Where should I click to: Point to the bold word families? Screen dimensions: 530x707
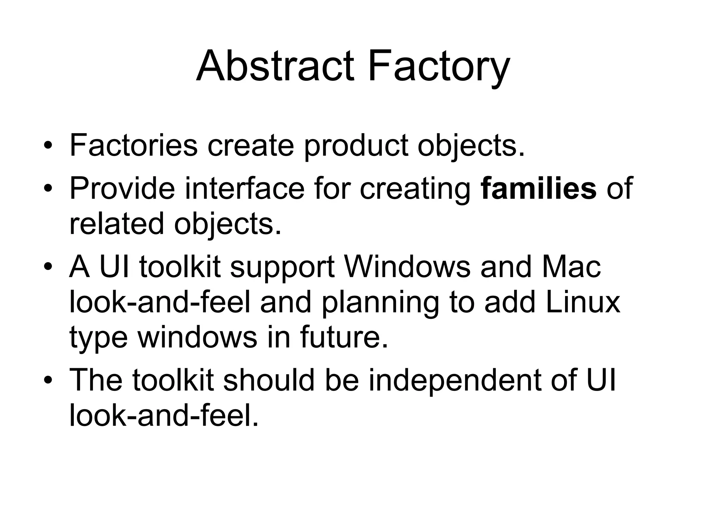click(539, 188)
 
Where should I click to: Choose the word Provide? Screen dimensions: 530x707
click(122, 188)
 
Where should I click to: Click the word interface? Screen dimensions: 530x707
click(245, 188)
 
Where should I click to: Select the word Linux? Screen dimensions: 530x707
click(583, 302)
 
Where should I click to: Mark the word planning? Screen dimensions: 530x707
click(380, 304)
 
